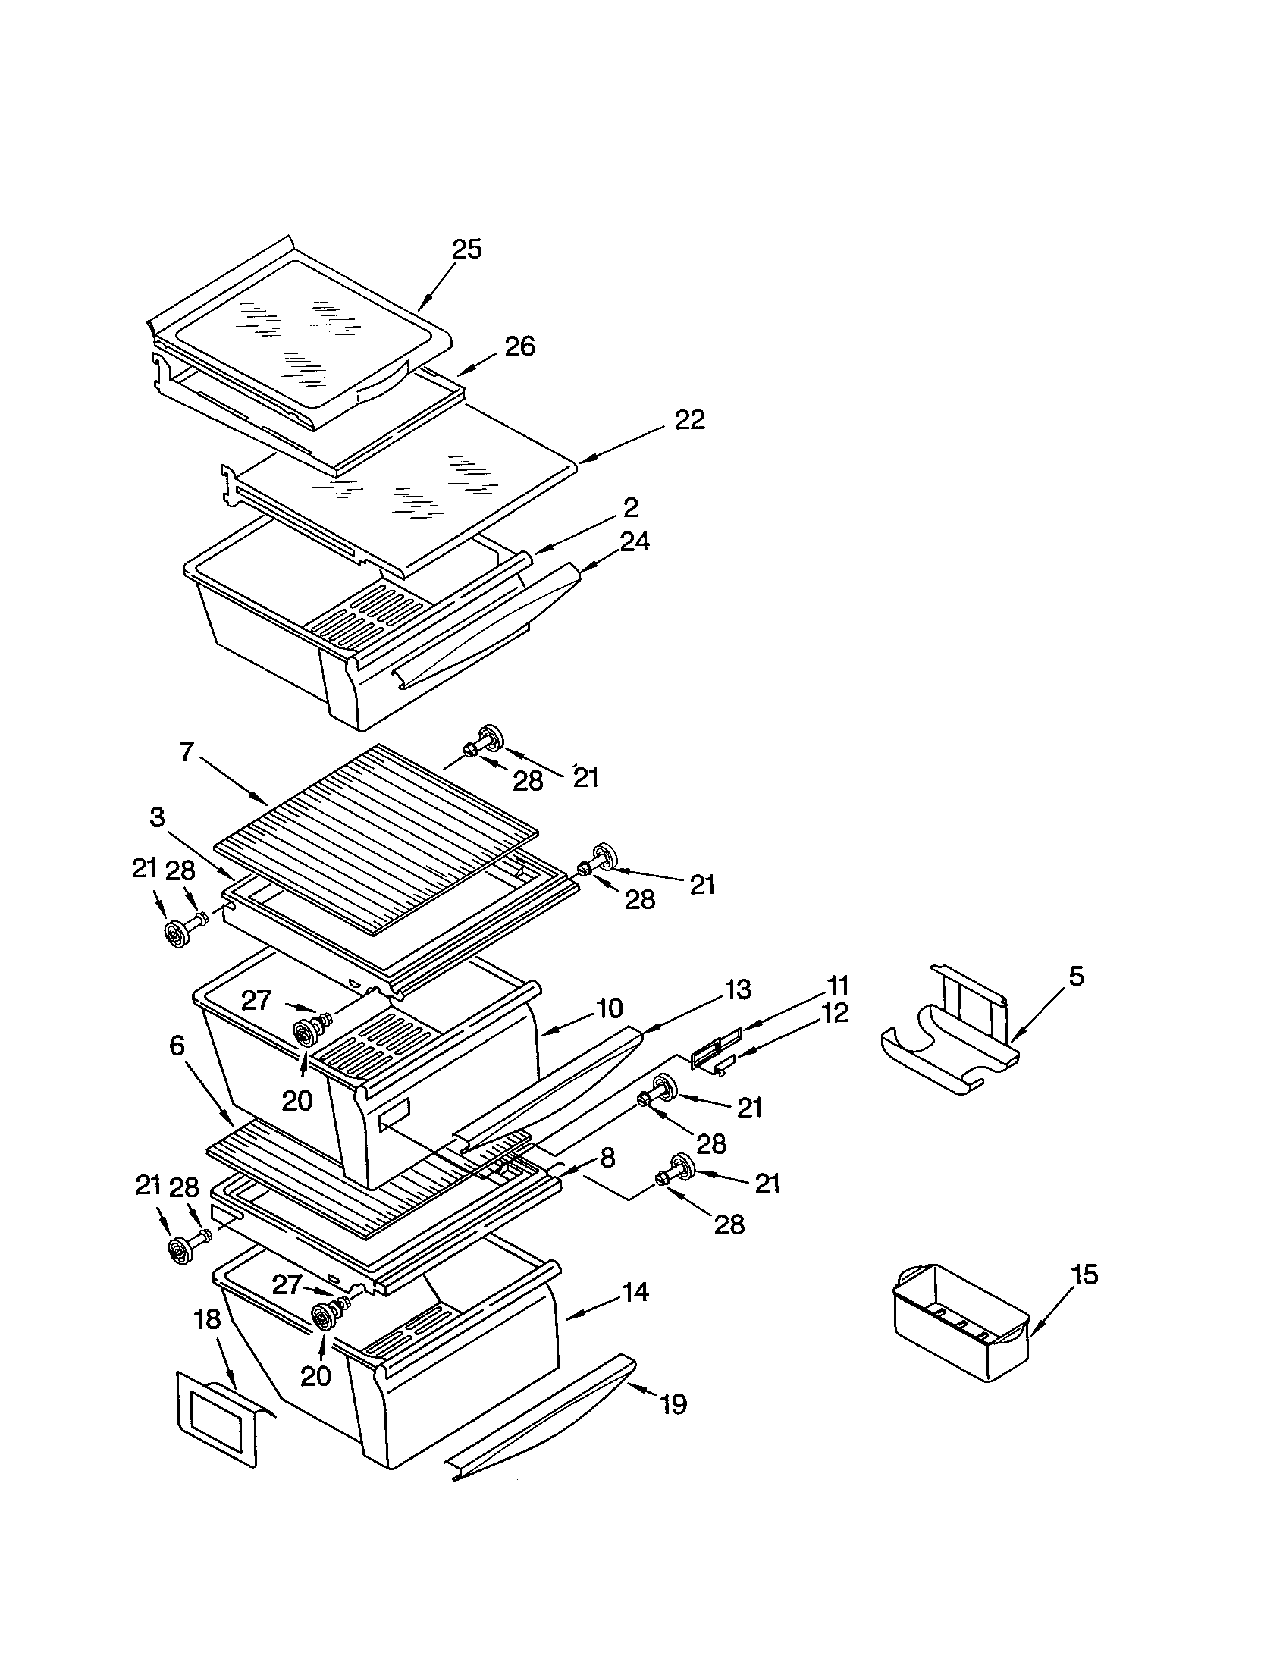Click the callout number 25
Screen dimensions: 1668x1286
click(x=466, y=249)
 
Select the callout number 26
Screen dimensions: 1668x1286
click(x=519, y=346)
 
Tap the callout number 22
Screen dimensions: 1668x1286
click(x=689, y=419)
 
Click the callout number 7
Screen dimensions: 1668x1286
click(x=187, y=752)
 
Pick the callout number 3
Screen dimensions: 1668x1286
click(x=156, y=817)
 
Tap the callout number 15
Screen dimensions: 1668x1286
click(x=1084, y=1274)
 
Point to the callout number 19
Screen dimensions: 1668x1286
click(x=673, y=1403)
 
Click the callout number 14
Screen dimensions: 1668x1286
click(x=635, y=1292)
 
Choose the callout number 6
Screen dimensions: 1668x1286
click(x=177, y=1046)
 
